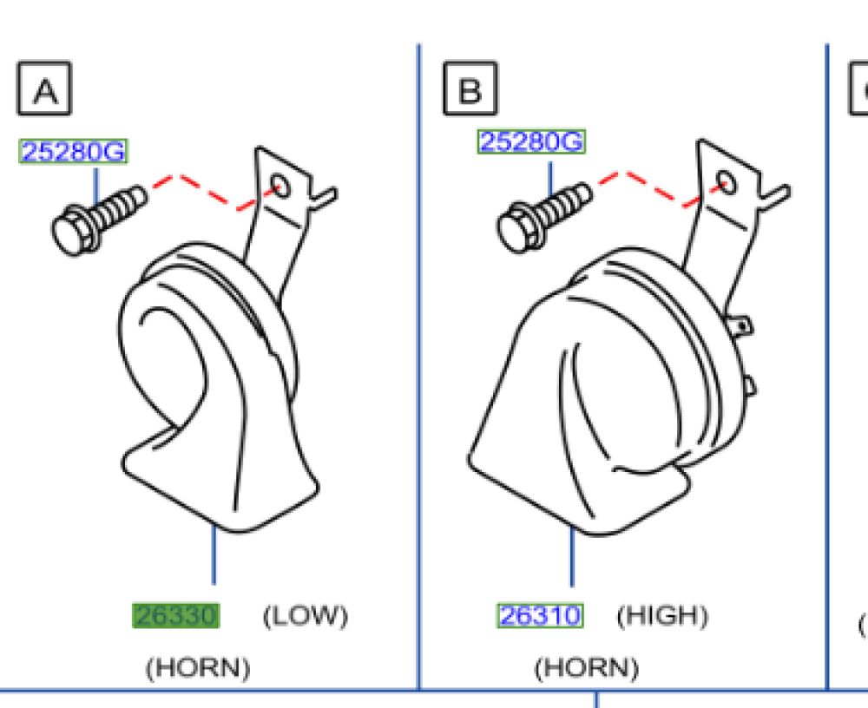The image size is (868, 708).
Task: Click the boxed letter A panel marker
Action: point(44,88)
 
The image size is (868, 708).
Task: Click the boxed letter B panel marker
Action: point(470,88)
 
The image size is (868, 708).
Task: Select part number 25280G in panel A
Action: point(74,153)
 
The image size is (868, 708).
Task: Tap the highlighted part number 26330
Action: point(175,616)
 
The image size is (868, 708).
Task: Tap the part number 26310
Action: point(540,616)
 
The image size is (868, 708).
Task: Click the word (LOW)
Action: point(305,616)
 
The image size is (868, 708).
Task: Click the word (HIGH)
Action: point(662,616)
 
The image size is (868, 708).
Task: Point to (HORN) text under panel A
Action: point(198,667)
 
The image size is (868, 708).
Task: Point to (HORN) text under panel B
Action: point(586,667)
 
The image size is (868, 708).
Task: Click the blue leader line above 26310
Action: point(571,560)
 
